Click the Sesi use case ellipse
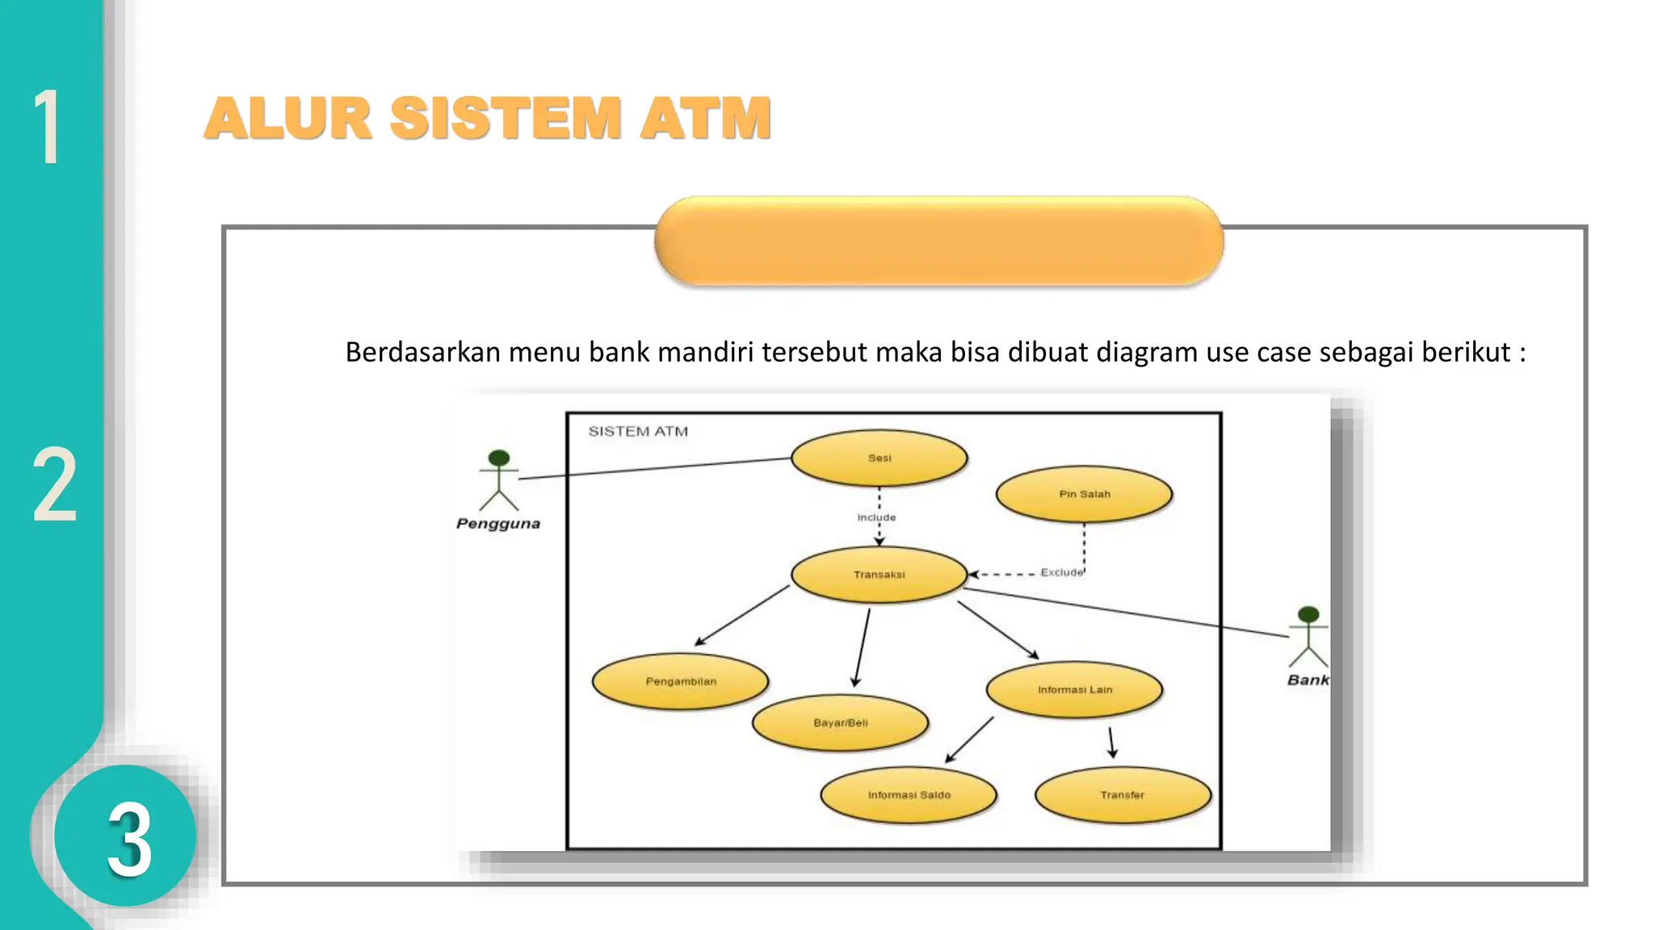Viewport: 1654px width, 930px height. (x=879, y=458)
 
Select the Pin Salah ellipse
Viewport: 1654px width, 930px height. (x=1084, y=494)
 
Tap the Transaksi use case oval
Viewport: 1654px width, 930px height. (x=879, y=575)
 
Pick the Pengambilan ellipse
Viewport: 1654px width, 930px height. (x=680, y=681)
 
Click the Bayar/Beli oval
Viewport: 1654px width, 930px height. (x=840, y=723)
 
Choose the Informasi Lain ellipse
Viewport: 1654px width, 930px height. (x=1074, y=689)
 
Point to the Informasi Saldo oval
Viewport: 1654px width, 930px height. (x=909, y=794)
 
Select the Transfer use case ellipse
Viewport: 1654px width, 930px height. (x=1122, y=794)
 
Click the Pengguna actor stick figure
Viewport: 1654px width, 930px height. (x=499, y=480)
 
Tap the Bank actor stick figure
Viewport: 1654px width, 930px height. (x=1308, y=637)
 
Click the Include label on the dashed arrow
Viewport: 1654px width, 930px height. (x=876, y=517)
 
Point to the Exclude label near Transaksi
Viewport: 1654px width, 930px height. (x=1061, y=572)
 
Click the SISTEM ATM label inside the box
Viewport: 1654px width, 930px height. (x=638, y=431)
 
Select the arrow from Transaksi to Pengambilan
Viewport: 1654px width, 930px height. (x=741, y=615)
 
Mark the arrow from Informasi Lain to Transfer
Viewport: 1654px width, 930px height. (x=1111, y=742)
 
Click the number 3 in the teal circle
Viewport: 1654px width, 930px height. (x=129, y=840)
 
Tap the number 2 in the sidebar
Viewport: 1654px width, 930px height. (x=54, y=486)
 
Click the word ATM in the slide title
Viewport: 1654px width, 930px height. (x=705, y=119)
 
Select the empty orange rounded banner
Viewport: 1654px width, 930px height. (x=938, y=241)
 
